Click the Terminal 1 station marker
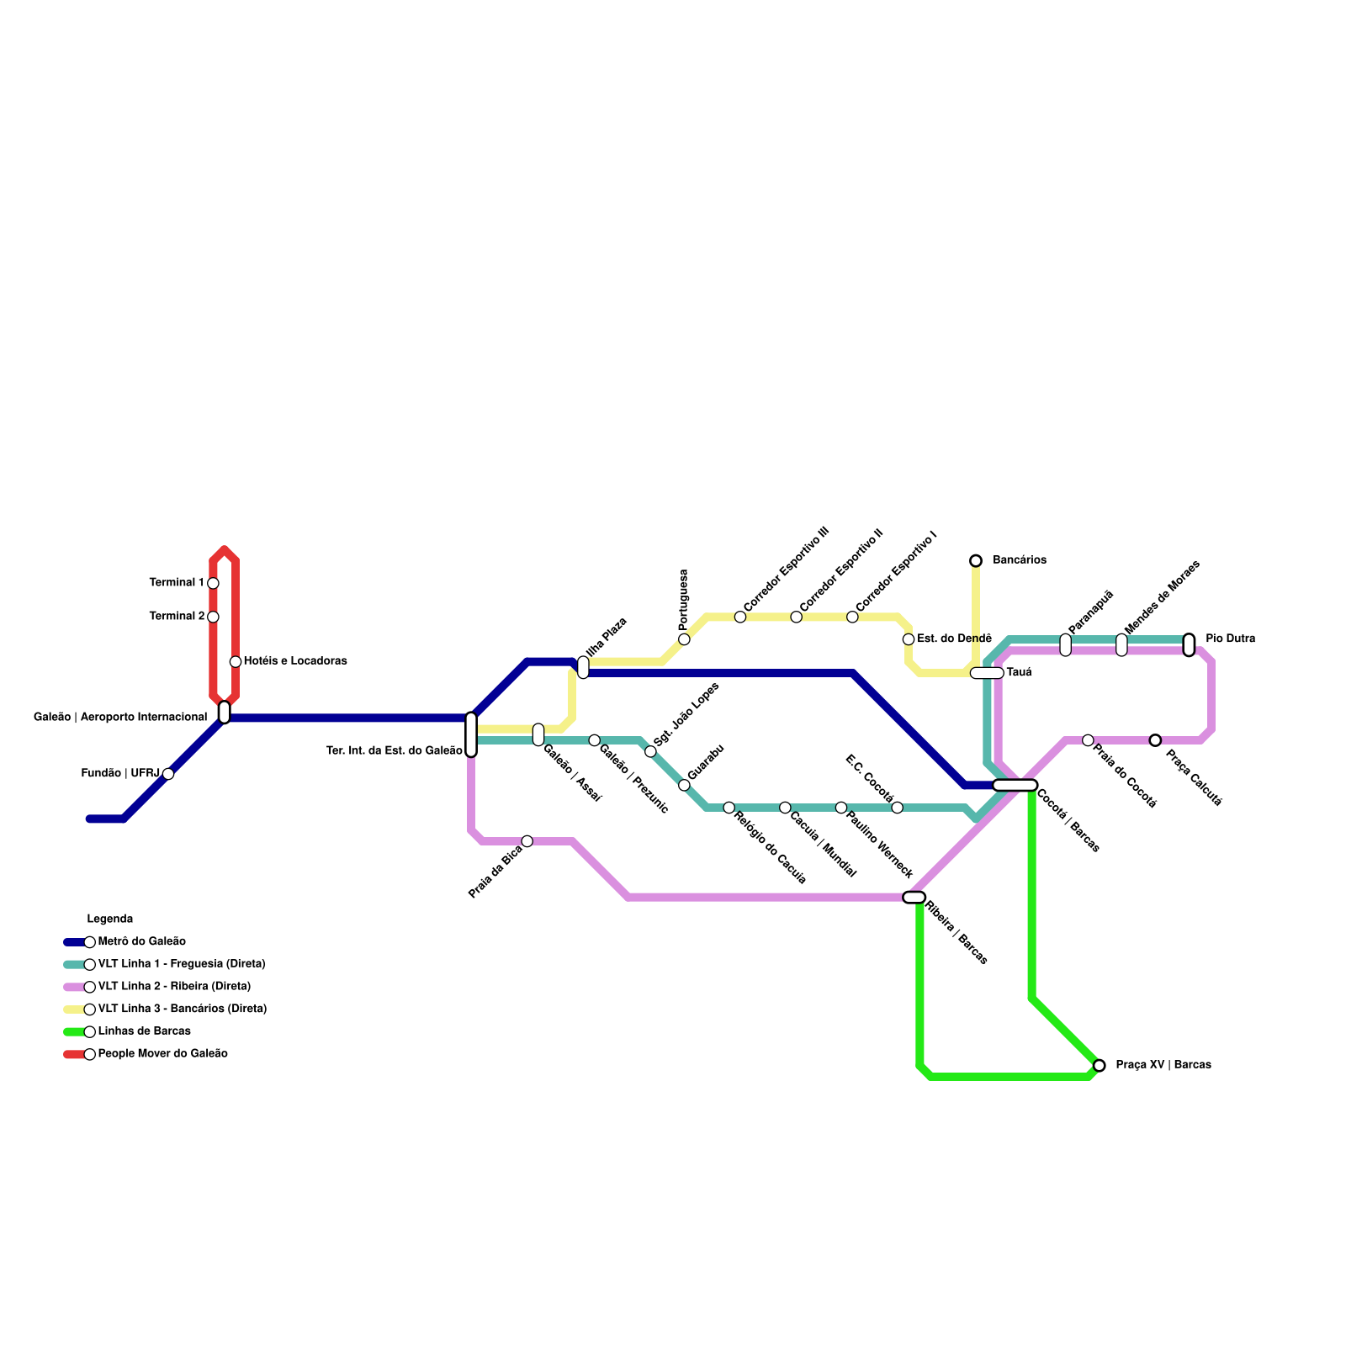[213, 583]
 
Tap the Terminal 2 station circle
[213, 617]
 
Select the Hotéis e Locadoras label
[295, 661]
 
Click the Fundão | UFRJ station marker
[168, 774]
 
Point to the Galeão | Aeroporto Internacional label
[120, 718]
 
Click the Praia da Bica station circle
[527, 841]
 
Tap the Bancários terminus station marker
[976, 560]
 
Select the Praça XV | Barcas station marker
[1099, 1065]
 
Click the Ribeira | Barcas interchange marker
[914, 898]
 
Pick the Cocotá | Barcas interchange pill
[1015, 785]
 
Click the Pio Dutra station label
[1230, 639]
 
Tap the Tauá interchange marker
[986, 673]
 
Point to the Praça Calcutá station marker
[1155, 740]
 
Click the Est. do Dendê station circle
[909, 639]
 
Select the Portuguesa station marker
[684, 639]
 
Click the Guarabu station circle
[684, 785]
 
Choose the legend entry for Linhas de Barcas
[144, 1031]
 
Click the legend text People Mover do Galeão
[162, 1054]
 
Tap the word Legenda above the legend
[110, 919]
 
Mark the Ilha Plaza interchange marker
[583, 667]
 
